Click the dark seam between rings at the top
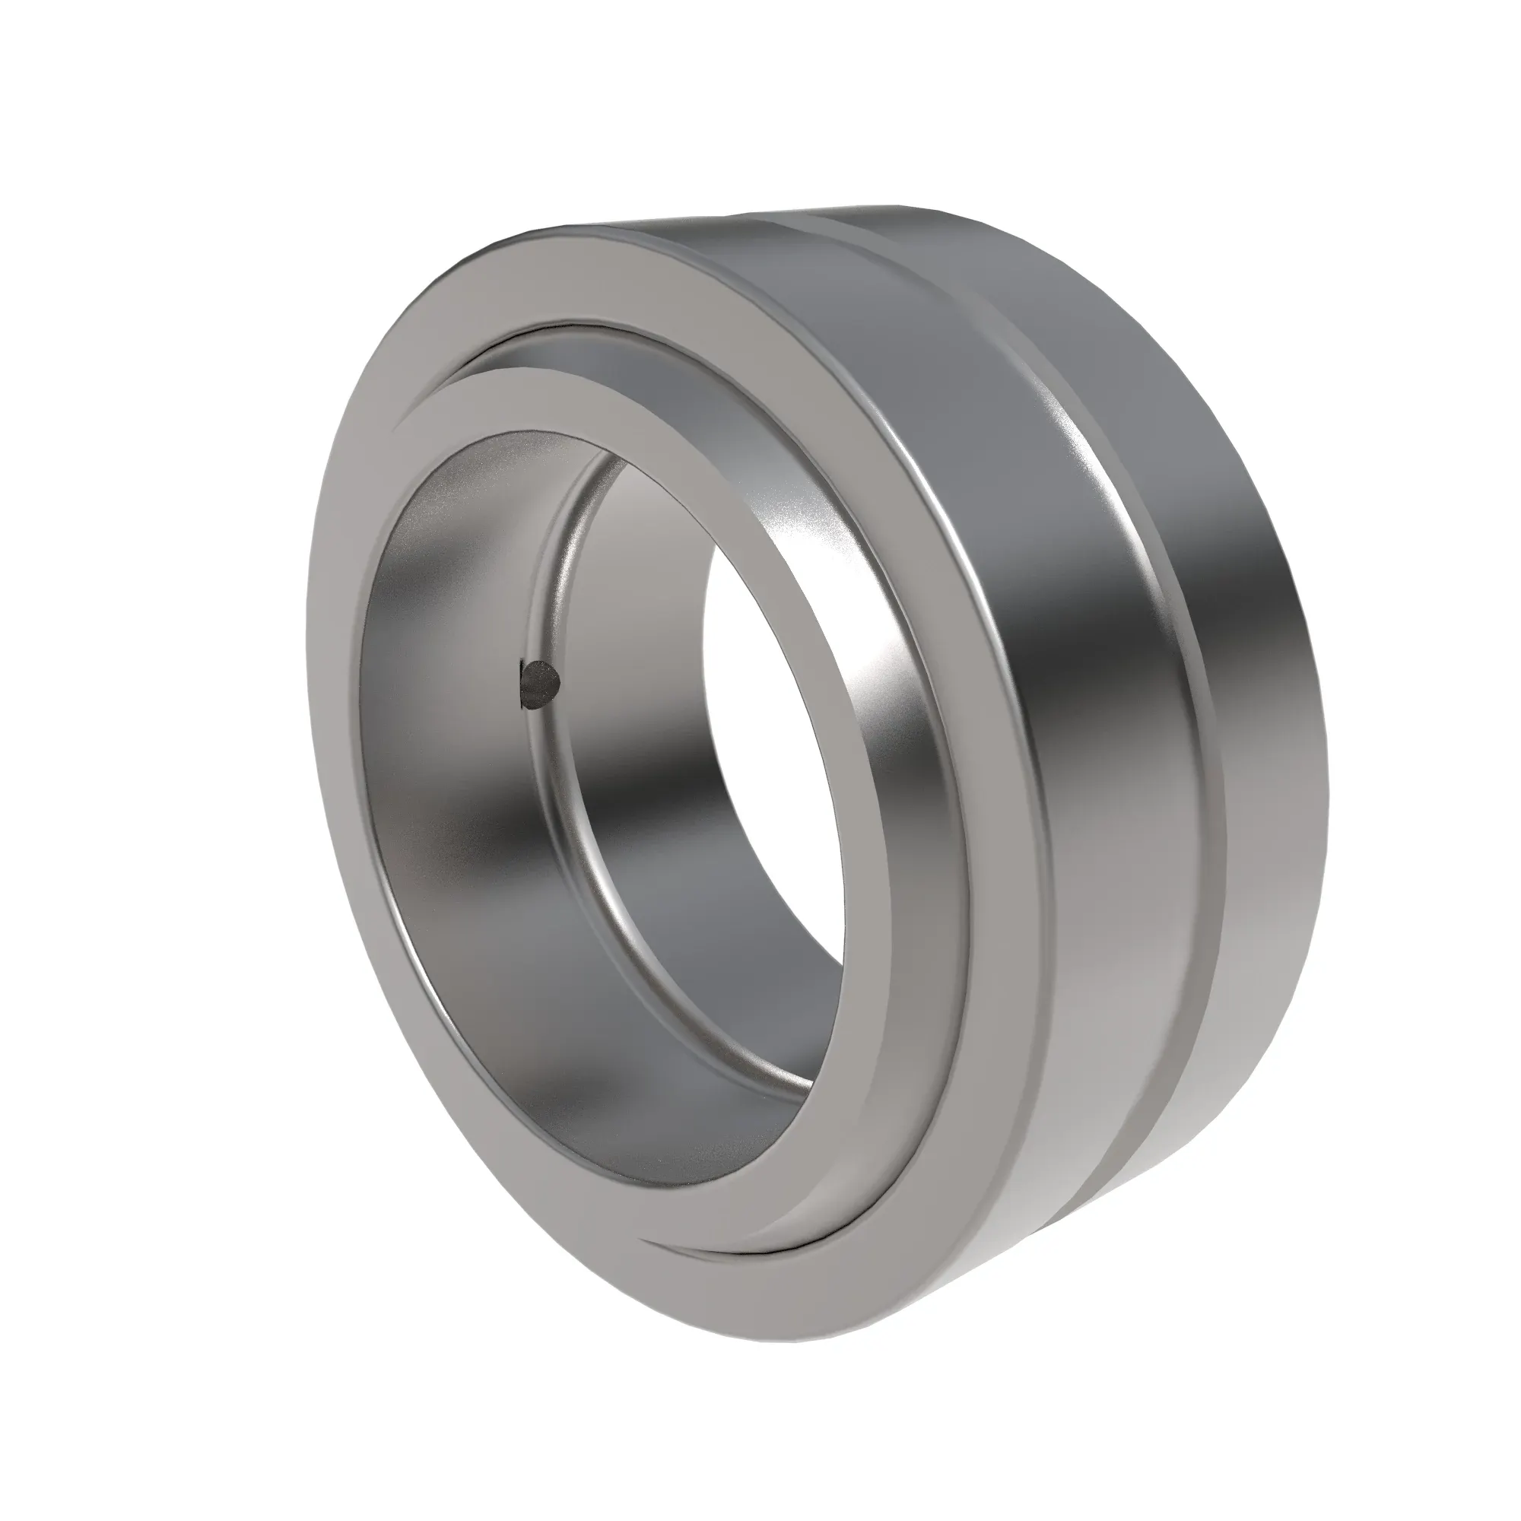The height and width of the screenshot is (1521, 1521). click(x=551, y=329)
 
